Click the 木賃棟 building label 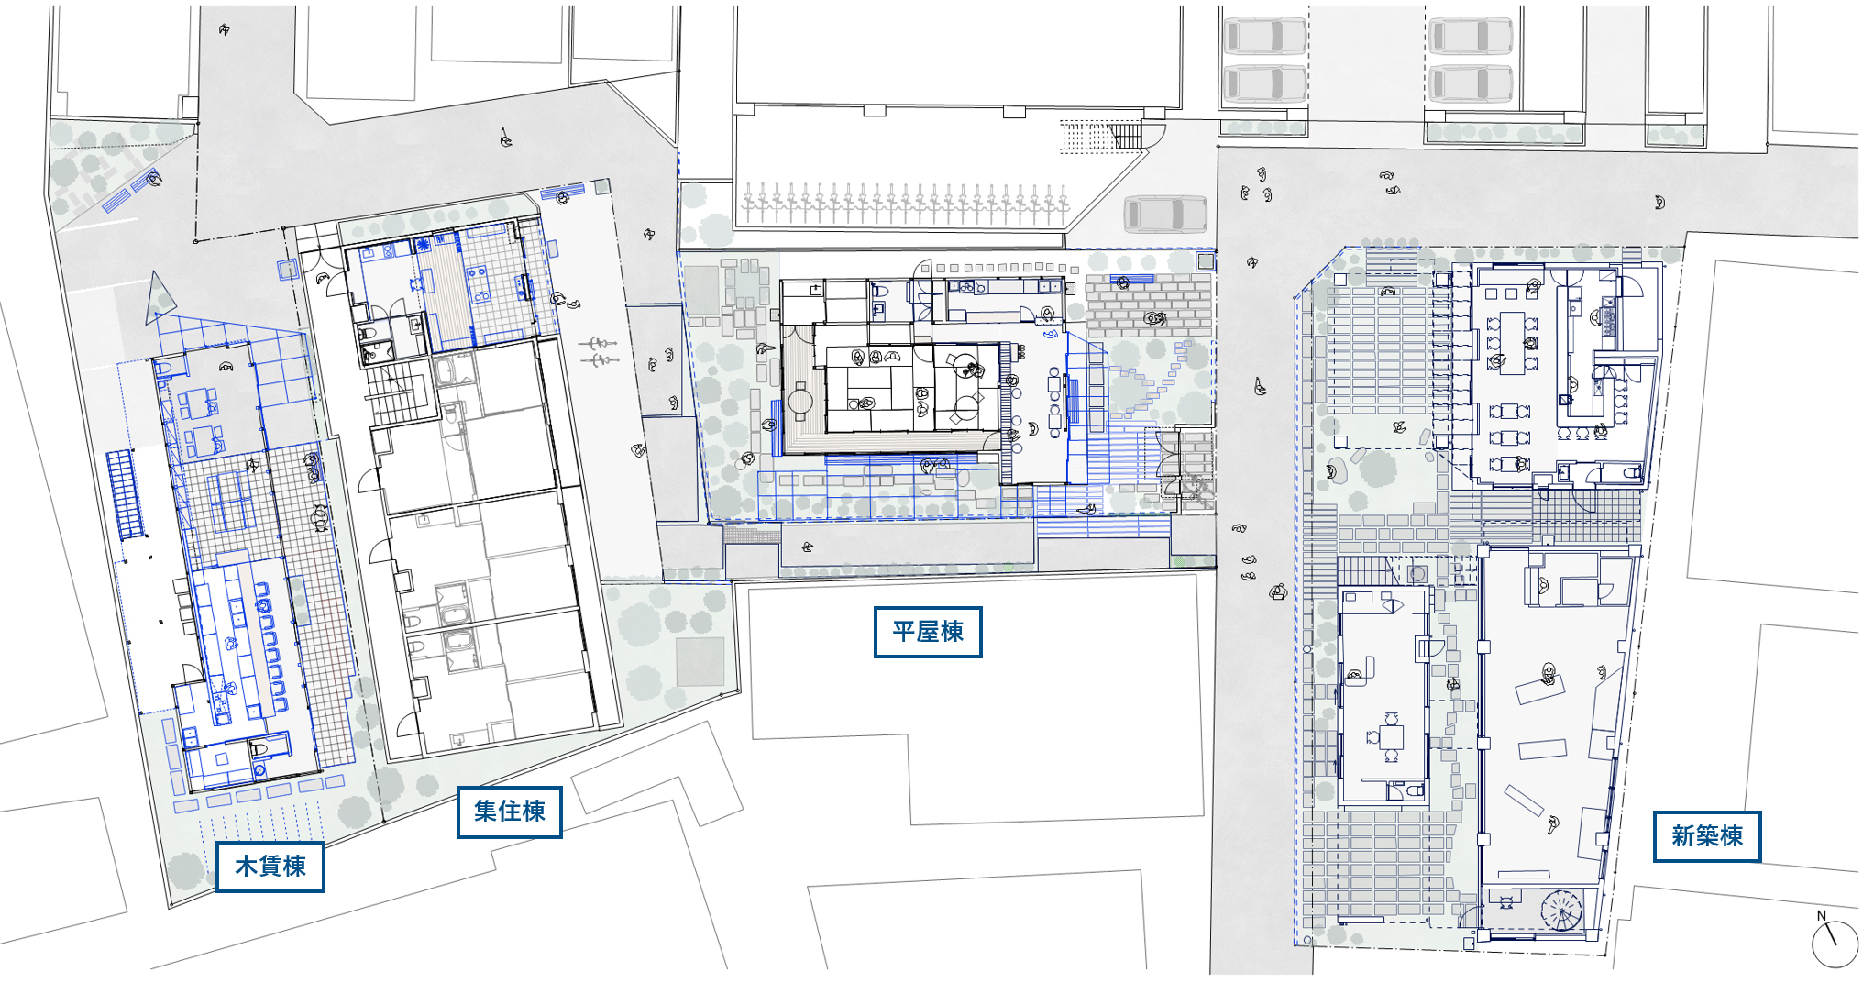(270, 867)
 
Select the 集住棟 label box (509, 812)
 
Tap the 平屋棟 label (928, 632)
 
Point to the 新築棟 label (1707, 836)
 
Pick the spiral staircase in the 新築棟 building (1561, 911)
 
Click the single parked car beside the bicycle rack (1165, 214)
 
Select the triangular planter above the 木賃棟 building (160, 297)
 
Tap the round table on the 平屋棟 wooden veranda (800, 401)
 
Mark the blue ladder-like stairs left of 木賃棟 (126, 494)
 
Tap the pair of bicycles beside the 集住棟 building (599, 352)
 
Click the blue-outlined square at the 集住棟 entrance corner (289, 269)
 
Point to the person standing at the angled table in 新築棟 (1549, 674)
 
